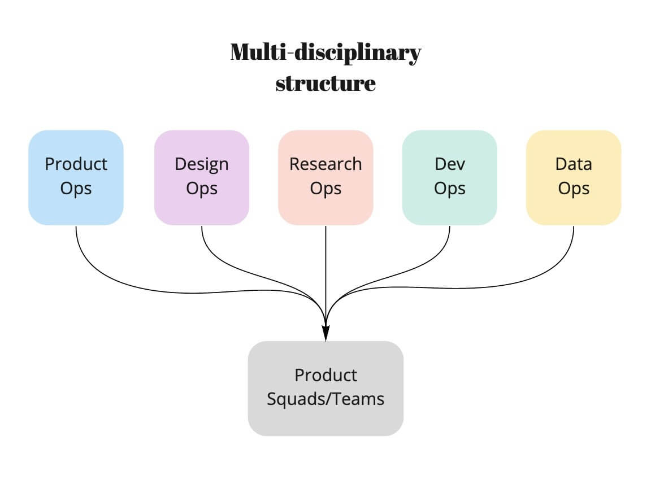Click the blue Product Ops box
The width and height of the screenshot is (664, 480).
pos(76,177)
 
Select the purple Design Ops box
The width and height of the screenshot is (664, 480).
pos(202,177)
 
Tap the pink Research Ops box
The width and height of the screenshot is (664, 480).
pos(326,177)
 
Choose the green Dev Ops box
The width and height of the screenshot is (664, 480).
pos(450,177)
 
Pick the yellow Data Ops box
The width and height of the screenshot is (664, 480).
pos(574,177)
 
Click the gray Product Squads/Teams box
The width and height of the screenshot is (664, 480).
pos(326,389)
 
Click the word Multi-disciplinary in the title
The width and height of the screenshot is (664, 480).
pos(326,53)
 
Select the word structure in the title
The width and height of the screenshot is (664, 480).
pos(326,84)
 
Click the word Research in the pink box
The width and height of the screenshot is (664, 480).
pos(326,164)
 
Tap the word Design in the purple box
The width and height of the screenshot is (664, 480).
pos(202,165)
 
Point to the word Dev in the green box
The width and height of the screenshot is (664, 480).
pos(450,164)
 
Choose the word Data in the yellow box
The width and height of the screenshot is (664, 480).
pos(574,164)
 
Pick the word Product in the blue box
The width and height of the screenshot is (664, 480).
pos(76,164)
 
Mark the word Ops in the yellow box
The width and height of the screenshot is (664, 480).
pos(574,189)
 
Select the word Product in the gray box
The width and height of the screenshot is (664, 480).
pos(326,376)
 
